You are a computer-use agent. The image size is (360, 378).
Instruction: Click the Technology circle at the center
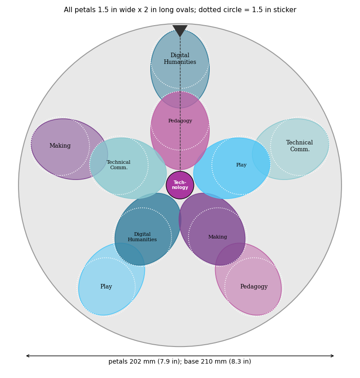click(180, 185)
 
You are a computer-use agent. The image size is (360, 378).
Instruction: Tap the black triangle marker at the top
click(180, 30)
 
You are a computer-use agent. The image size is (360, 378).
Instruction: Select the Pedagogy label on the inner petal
click(180, 121)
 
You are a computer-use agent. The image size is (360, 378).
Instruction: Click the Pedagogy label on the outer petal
click(254, 287)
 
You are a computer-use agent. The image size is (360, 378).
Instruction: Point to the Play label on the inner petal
click(241, 165)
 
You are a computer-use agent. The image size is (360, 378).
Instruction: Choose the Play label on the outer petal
click(106, 287)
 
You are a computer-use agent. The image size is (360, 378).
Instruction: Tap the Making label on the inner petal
click(217, 237)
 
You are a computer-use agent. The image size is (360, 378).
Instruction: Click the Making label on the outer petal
click(60, 146)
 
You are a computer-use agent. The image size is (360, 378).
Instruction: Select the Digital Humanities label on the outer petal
click(180, 58)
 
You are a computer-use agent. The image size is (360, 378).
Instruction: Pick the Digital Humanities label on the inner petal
click(142, 237)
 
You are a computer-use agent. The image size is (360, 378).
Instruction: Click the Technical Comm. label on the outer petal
click(300, 146)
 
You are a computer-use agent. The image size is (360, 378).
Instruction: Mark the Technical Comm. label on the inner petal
click(119, 165)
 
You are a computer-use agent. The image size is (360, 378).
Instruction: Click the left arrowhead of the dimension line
click(27, 356)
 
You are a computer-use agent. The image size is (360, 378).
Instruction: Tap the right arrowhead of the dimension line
click(332, 356)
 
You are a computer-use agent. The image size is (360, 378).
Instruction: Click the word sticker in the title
click(286, 10)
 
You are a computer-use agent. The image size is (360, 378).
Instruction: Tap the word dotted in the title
click(190, 10)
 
